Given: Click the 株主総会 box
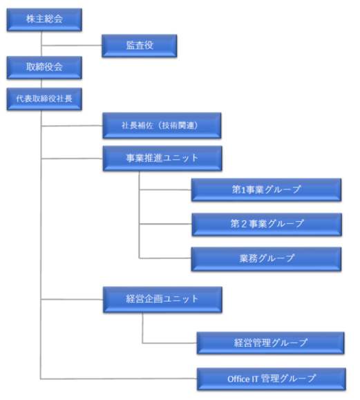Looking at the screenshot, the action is (x=44, y=19).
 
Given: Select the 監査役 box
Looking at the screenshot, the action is (x=140, y=46).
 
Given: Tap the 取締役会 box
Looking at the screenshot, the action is (x=44, y=68).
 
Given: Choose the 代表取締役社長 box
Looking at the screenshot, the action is (x=44, y=99).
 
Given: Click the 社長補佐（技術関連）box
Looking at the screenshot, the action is (x=162, y=126).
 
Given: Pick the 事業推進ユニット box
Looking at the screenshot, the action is (x=162, y=158).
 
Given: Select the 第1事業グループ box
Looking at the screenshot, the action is (x=266, y=190).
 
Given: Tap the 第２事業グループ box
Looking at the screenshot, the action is (x=267, y=225).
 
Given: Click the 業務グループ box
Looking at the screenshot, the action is (x=266, y=259).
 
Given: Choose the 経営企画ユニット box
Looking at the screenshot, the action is (x=162, y=300).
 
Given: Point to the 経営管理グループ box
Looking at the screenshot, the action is (x=270, y=343).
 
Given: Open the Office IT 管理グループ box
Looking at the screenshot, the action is (x=272, y=379).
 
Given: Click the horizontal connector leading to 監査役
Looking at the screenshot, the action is (x=72, y=46).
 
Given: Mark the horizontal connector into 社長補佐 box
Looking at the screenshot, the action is (x=72, y=126).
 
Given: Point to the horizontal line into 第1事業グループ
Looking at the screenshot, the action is (x=165, y=190).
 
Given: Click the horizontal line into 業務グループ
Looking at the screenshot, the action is (x=165, y=258).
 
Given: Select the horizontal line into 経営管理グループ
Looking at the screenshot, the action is (x=170, y=343).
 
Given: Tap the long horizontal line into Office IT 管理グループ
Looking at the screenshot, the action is (x=119, y=379).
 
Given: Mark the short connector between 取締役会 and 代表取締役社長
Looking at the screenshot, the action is (x=41, y=84).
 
